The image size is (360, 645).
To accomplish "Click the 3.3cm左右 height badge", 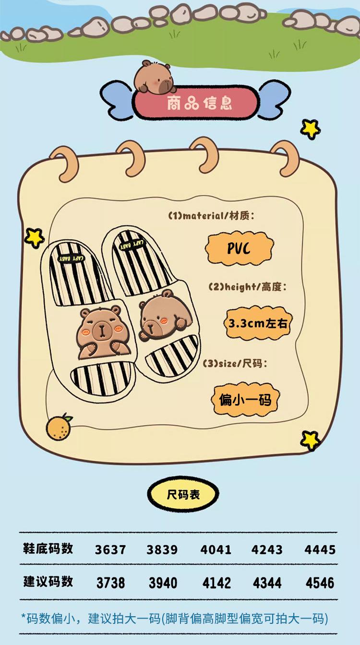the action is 258,323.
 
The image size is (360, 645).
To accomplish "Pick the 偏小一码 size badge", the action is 245,399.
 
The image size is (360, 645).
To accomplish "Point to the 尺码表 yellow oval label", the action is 183,494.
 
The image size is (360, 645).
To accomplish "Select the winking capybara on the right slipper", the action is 164,316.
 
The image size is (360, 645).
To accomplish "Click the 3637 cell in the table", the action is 110,549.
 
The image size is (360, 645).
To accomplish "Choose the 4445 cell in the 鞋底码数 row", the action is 320,549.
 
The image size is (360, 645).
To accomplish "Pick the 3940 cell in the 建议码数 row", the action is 163,583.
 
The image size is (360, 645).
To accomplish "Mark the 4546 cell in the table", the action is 320,583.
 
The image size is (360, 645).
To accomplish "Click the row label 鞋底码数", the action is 48,549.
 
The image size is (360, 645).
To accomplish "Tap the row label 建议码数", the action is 48,582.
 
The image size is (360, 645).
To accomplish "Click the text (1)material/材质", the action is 211,216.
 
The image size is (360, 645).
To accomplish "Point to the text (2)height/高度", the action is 248,287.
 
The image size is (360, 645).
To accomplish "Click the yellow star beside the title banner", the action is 311,128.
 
